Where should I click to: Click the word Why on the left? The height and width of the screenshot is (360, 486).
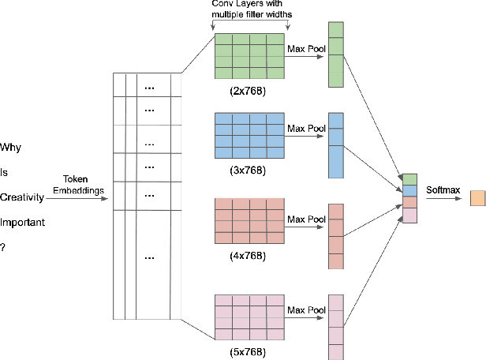pyautogui.click(x=11, y=147)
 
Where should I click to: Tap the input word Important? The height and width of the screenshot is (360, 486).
pyautogui.click(x=23, y=223)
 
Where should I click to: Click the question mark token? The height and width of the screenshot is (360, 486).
pyautogui.click(x=3, y=248)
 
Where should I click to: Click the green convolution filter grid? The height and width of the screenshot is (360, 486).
pyautogui.click(x=249, y=55)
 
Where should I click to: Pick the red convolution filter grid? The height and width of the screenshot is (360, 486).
pyautogui.click(x=249, y=221)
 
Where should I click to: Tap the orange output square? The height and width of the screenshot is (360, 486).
pyautogui.click(x=477, y=197)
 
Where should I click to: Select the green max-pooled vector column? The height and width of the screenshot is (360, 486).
pyautogui.click(x=336, y=53)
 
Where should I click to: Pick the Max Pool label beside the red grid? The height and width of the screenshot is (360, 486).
pyautogui.click(x=306, y=219)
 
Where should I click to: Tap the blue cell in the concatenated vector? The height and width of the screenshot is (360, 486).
pyautogui.click(x=409, y=190)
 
